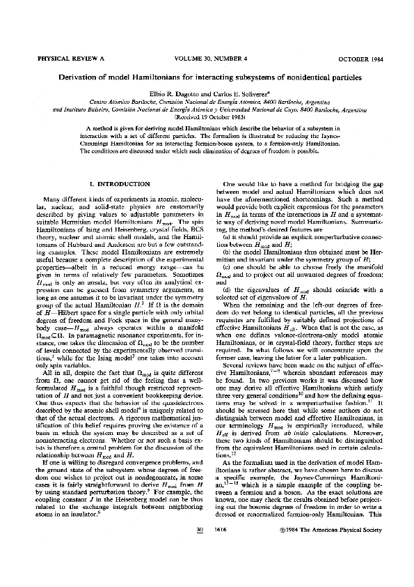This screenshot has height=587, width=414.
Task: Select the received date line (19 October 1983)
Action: (x=206, y=118)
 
